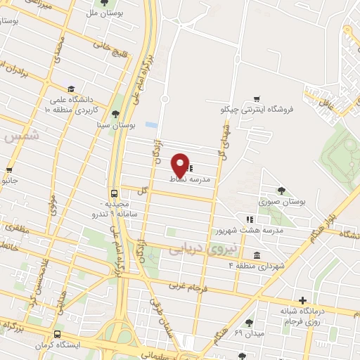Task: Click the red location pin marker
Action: [x=180, y=164]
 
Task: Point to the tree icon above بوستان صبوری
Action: [x=283, y=190]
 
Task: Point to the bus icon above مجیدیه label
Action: [x=114, y=193]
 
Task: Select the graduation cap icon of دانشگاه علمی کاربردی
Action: [x=71, y=89]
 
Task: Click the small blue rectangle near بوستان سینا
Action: [x=150, y=124]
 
